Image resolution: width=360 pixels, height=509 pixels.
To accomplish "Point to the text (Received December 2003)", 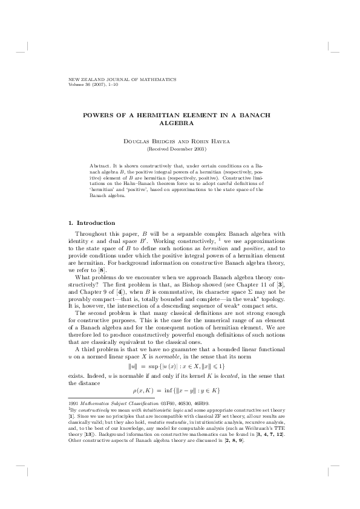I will coord(180,149).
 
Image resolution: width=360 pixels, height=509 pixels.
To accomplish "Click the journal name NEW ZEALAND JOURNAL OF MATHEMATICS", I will coord(123,79).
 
